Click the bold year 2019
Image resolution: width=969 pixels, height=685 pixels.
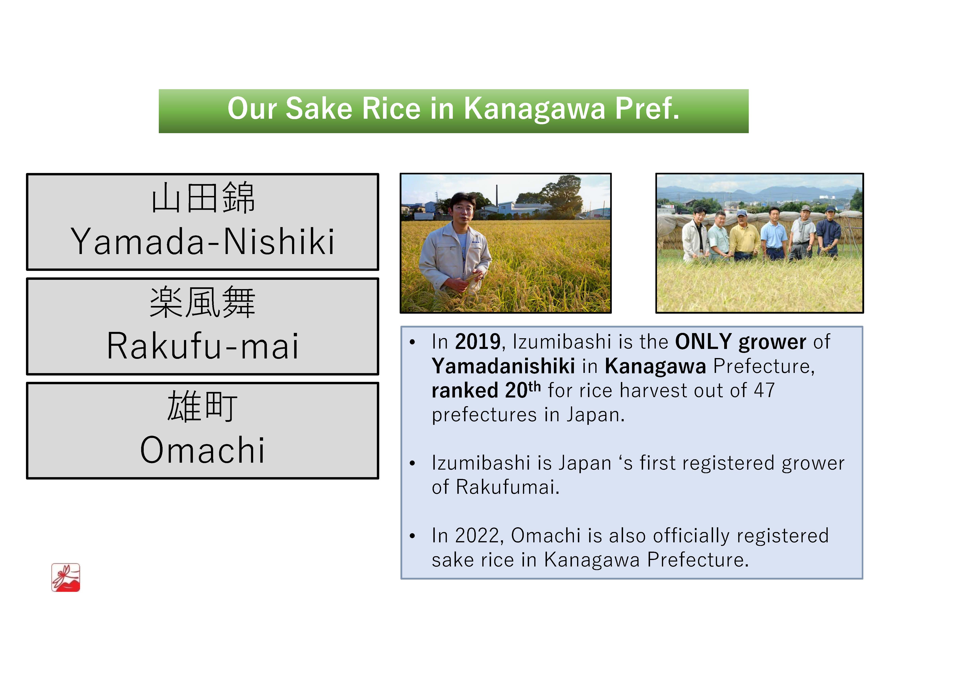(478, 342)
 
